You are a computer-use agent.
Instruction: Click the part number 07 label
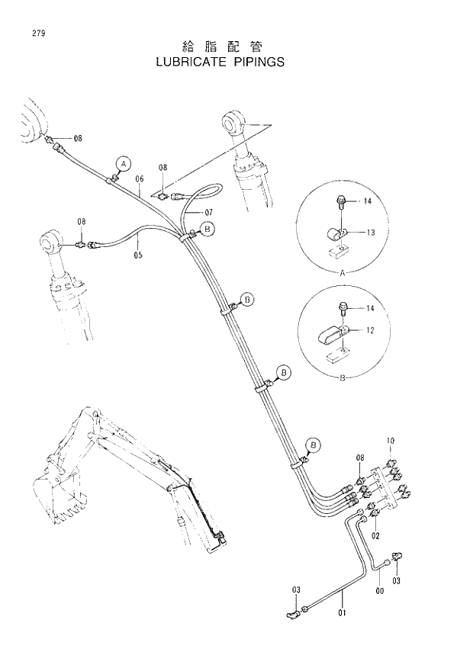pos(208,211)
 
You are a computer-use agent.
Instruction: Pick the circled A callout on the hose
pos(123,162)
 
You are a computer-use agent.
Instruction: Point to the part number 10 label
pos(390,441)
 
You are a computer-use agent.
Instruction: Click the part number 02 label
pos(375,536)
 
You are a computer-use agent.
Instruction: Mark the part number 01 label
pos(342,612)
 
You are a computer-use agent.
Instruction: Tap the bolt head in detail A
pos(340,202)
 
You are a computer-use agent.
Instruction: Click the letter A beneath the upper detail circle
pos(340,271)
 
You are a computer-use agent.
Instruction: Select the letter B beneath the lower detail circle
pos(340,375)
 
